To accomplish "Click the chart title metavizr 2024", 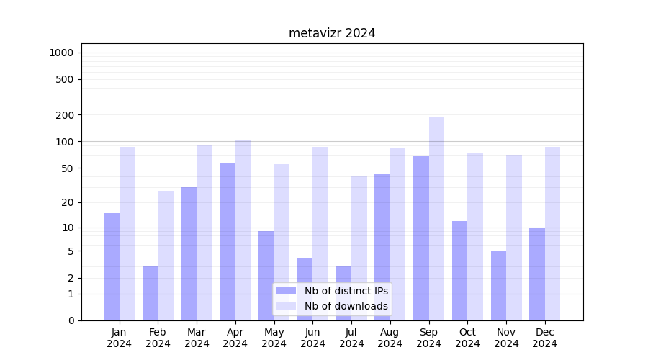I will tap(332, 33).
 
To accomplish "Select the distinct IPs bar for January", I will tap(112, 266).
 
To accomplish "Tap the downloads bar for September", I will tap(436, 219).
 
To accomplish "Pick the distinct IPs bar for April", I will tap(228, 242).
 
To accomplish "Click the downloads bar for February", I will tap(166, 256).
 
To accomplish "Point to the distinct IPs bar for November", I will tap(498, 285).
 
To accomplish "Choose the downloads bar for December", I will tap(552, 233).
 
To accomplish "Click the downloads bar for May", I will tap(282, 242).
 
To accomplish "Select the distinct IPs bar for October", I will tap(459, 271).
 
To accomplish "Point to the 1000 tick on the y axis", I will tap(61, 53).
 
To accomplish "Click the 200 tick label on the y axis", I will tap(66, 115).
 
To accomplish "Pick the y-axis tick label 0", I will tap(71, 320).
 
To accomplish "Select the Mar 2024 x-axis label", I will tap(197, 338).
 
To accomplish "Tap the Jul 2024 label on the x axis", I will tap(351, 338).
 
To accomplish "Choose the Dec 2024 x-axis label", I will tap(544, 338).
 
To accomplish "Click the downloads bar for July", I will tap(359, 248).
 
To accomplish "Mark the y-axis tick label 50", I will tap(68, 168).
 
